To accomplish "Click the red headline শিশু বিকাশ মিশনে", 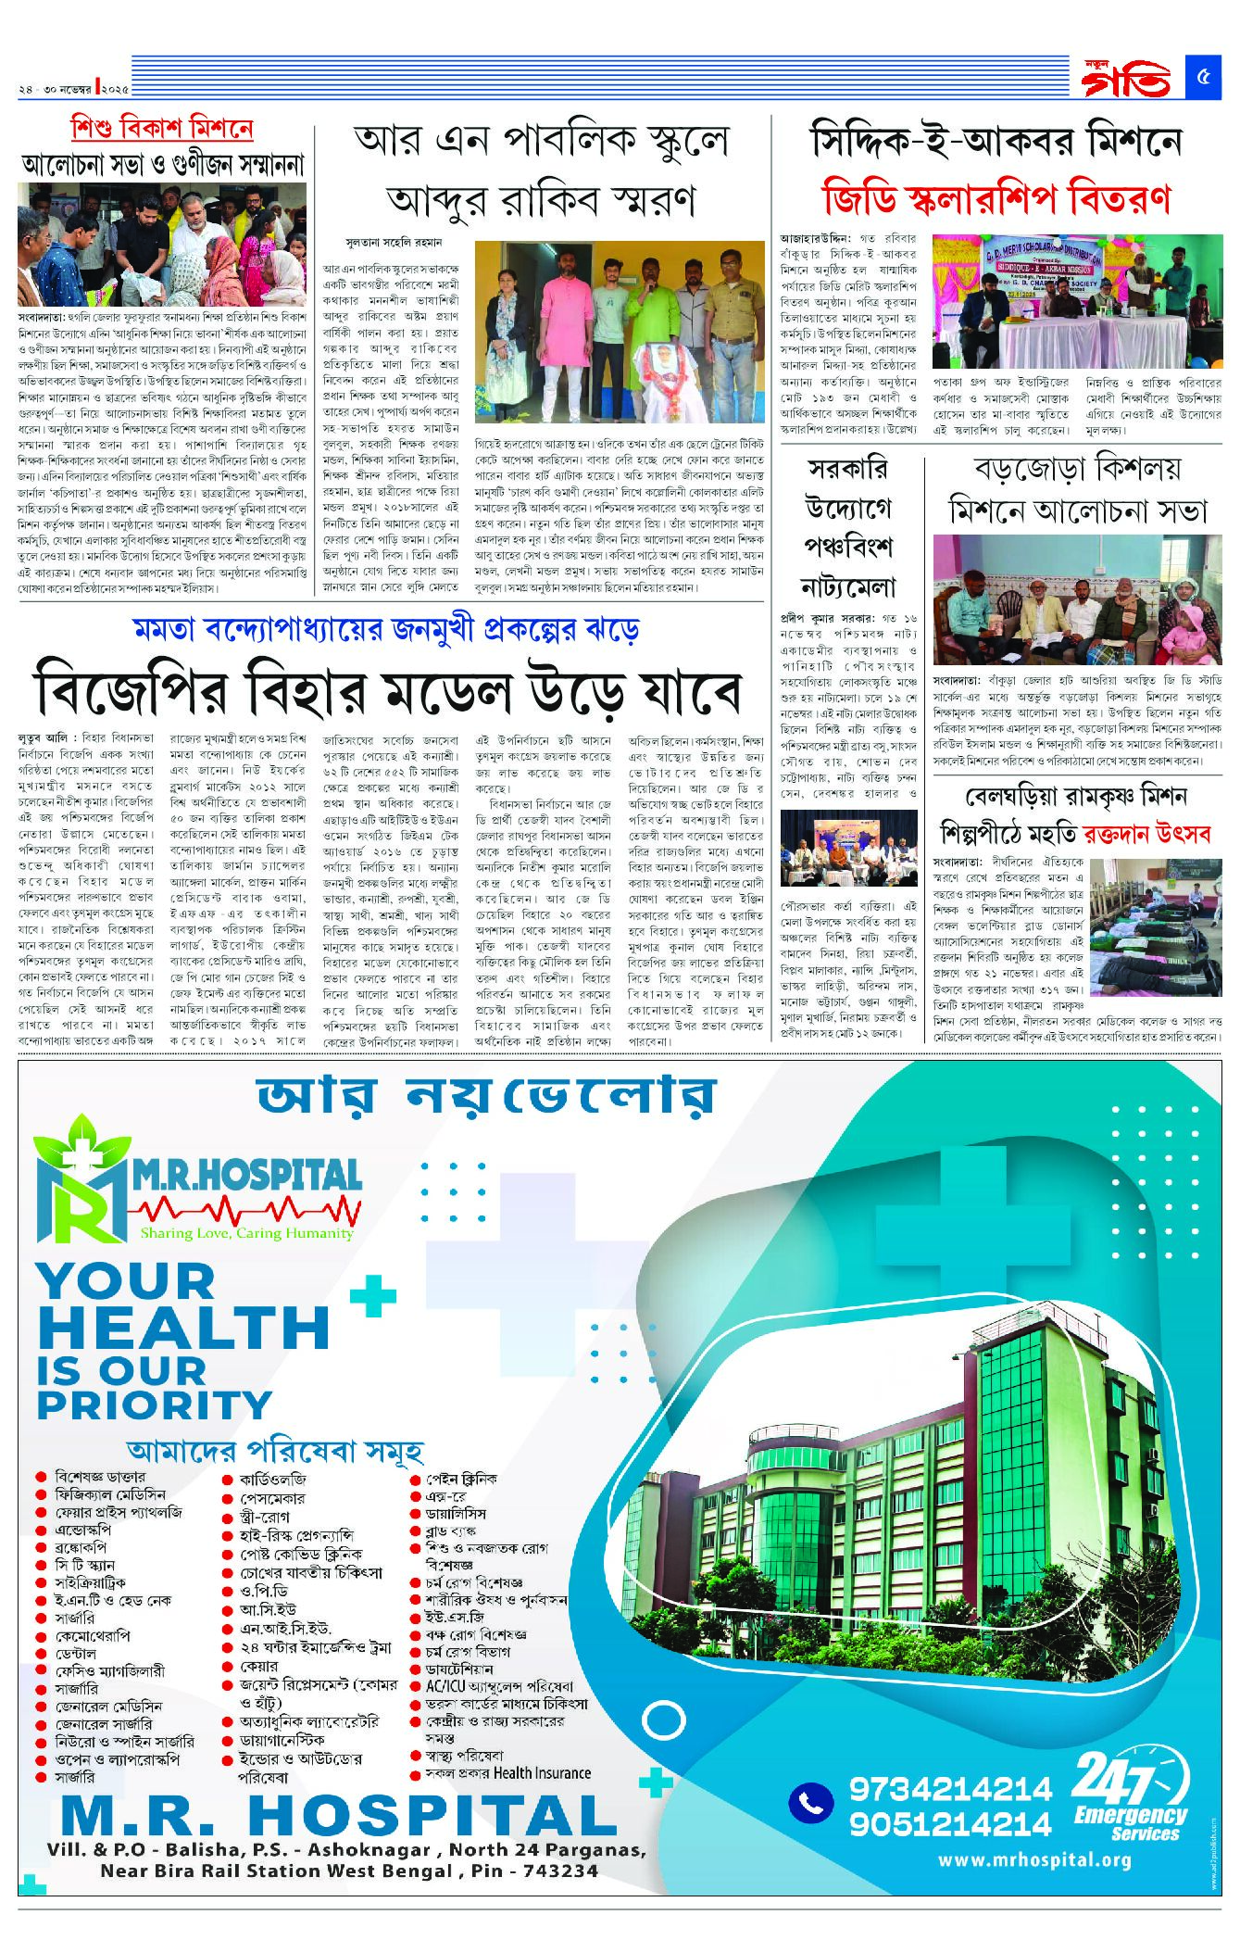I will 162,129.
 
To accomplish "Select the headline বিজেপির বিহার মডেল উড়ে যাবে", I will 388,690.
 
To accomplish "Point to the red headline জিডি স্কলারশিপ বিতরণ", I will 996,199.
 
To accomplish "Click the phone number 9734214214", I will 951,1787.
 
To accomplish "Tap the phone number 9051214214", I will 951,1823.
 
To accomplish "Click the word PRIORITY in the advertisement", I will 154,1405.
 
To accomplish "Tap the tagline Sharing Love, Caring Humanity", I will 246,1233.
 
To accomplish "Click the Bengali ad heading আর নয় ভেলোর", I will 486,1096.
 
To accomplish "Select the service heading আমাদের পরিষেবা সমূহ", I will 274,1450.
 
